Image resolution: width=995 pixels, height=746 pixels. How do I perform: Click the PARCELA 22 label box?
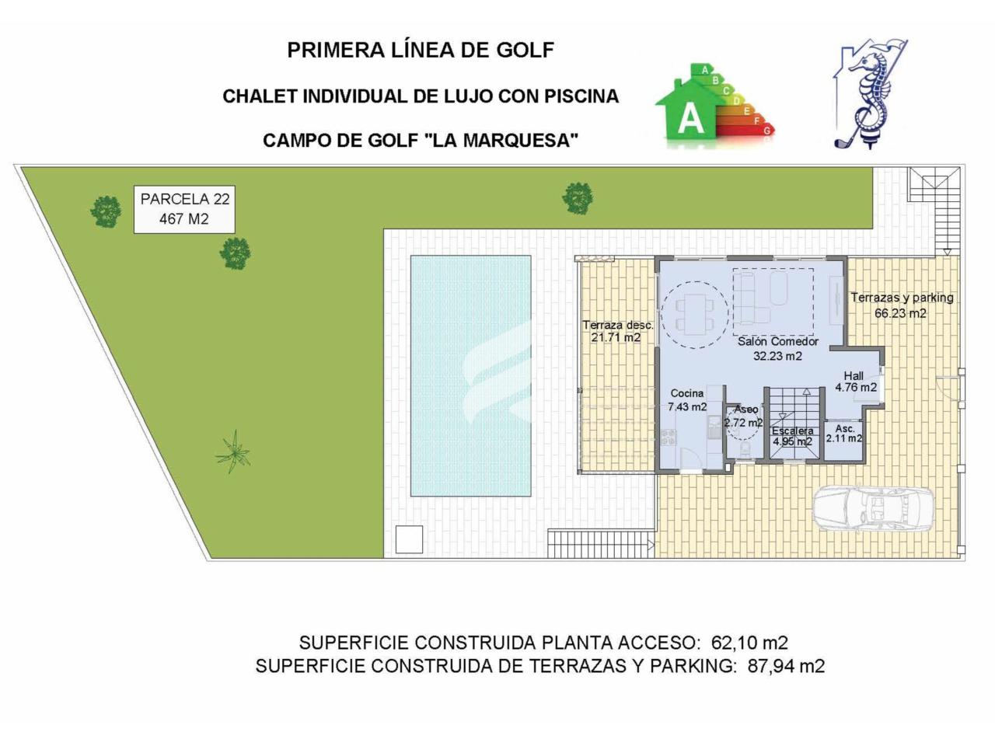(184, 209)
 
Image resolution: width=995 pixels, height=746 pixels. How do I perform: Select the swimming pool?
(470, 376)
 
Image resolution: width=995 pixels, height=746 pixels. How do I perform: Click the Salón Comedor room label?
(777, 349)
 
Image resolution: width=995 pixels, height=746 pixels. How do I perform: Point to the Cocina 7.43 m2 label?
(687, 400)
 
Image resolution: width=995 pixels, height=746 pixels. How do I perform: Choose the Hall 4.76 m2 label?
(856, 382)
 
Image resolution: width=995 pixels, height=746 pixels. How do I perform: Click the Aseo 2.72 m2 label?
(743, 417)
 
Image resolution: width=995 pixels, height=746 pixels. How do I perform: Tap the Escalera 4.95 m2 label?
(792, 436)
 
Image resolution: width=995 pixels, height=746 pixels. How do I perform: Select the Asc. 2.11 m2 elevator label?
(844, 434)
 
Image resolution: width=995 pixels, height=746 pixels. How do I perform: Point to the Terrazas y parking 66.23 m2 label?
(902, 305)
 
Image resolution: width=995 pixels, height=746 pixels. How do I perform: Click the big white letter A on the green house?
(690, 119)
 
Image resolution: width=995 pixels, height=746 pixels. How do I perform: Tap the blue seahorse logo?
(871, 94)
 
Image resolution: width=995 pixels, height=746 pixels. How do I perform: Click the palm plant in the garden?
(233, 451)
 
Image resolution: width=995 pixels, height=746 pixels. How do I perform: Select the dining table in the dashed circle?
(694, 315)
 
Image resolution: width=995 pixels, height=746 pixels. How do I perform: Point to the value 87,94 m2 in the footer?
(787, 666)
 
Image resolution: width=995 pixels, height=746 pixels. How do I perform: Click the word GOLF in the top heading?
(525, 51)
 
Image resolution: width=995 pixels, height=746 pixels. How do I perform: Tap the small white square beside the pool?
(409, 539)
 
